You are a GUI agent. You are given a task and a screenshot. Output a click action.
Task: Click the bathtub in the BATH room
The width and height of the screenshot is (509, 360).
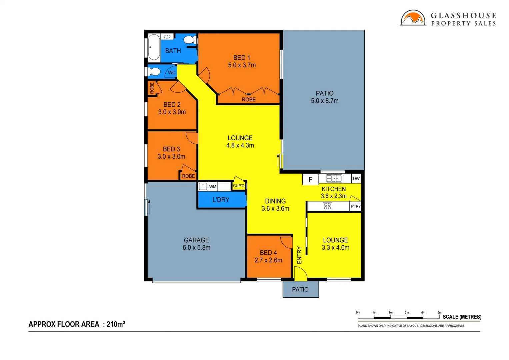(x=154, y=47)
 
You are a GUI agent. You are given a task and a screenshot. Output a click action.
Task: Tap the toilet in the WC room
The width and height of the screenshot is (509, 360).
(x=155, y=71)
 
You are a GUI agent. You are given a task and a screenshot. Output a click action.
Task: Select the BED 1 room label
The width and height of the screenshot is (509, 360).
(x=242, y=58)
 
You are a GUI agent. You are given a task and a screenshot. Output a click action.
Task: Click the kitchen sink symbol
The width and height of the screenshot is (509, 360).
(x=334, y=179)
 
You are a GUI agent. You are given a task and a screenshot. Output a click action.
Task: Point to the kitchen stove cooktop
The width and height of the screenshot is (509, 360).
(x=327, y=206)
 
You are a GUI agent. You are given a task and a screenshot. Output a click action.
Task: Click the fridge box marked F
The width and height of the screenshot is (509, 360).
(x=310, y=180)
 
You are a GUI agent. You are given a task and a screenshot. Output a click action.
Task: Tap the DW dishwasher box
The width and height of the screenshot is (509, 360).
(x=356, y=179)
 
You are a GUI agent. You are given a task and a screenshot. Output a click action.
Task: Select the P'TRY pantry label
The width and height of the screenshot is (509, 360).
(x=356, y=206)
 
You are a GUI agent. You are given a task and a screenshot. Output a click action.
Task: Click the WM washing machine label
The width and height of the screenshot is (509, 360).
(x=213, y=187)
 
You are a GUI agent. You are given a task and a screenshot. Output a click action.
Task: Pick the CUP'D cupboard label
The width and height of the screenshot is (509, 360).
(x=239, y=186)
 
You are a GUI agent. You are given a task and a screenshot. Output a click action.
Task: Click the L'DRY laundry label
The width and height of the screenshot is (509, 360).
(x=221, y=200)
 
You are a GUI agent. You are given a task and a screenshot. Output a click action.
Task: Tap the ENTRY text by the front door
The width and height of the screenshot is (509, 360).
(x=299, y=255)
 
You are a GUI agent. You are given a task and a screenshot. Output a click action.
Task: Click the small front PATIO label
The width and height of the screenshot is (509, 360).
(x=300, y=290)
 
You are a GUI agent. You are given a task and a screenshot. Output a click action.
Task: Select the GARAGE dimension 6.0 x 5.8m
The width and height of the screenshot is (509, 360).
(x=196, y=248)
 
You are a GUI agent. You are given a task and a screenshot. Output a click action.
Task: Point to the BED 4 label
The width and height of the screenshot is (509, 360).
(x=268, y=253)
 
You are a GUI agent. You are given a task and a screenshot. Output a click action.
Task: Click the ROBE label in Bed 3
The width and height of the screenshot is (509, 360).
(x=188, y=176)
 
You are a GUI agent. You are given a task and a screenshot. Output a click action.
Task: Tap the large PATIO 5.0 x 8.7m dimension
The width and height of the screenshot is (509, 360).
(x=325, y=101)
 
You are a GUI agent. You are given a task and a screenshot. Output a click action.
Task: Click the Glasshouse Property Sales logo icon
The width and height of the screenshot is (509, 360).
(x=413, y=18)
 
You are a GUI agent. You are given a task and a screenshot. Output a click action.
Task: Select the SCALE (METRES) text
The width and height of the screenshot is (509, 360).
(x=462, y=317)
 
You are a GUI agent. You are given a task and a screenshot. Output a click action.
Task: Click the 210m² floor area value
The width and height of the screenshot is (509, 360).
(x=116, y=324)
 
